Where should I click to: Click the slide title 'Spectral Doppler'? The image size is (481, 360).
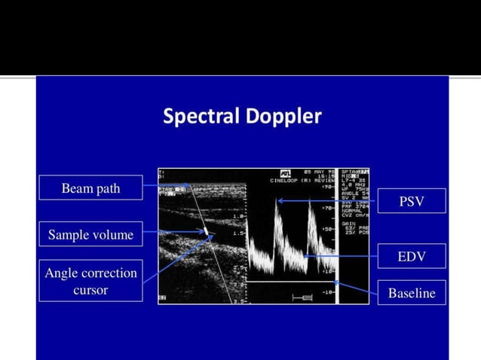point(241,117)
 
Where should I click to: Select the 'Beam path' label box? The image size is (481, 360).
point(90,188)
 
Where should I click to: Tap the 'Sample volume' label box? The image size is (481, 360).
point(90,235)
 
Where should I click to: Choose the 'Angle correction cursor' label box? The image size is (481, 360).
point(90,281)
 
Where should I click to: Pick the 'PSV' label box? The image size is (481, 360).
point(411,201)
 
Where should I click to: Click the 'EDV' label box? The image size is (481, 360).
point(411,256)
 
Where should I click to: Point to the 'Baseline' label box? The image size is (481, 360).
point(411,292)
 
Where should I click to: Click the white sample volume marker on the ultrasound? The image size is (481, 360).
point(205,230)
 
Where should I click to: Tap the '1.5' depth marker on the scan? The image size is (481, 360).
point(238,233)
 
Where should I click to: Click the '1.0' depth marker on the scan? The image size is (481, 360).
point(238,215)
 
